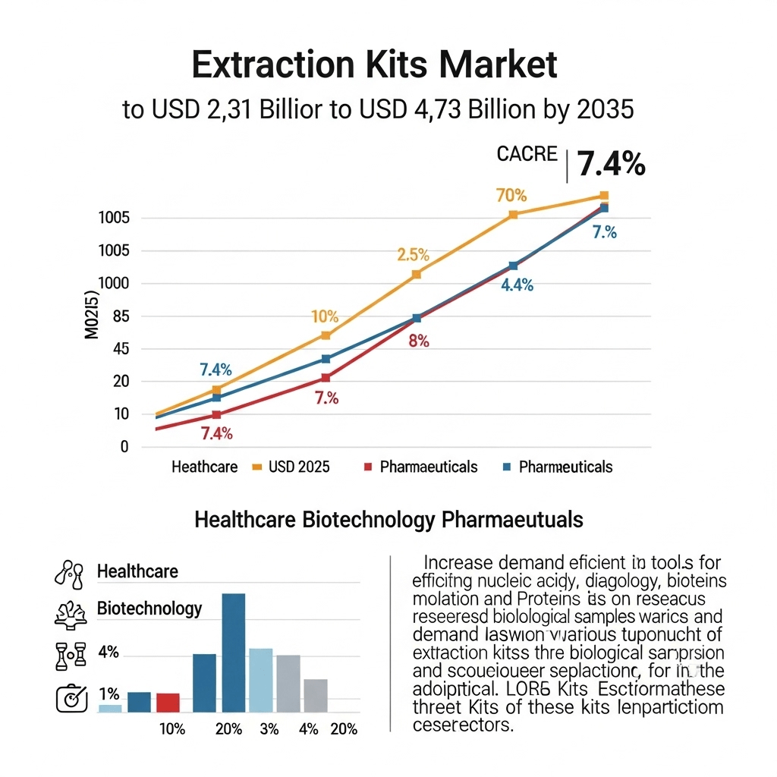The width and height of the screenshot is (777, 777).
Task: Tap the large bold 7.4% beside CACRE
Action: point(611,164)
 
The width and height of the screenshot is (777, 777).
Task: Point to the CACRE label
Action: point(527,154)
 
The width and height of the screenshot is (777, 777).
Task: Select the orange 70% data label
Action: point(511,195)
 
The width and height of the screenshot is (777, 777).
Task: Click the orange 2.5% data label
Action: point(413,256)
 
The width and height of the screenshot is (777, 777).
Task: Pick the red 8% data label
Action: point(419,341)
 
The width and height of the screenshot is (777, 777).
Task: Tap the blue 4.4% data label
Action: point(517,286)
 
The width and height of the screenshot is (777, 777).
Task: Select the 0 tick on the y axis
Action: point(124,447)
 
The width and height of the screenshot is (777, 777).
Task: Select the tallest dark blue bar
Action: point(233,652)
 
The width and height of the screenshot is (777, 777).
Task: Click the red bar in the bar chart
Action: point(168,702)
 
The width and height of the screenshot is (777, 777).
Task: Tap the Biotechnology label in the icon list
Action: point(149,609)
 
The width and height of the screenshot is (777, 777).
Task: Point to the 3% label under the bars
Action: point(269,729)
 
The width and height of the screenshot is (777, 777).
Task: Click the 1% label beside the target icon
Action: point(109,694)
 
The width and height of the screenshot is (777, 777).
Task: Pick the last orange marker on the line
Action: point(604,196)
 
